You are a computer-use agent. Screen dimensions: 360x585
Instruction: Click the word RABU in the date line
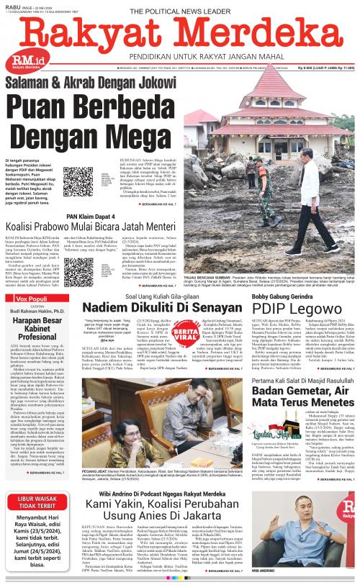pyautogui.click(x=12, y=5)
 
